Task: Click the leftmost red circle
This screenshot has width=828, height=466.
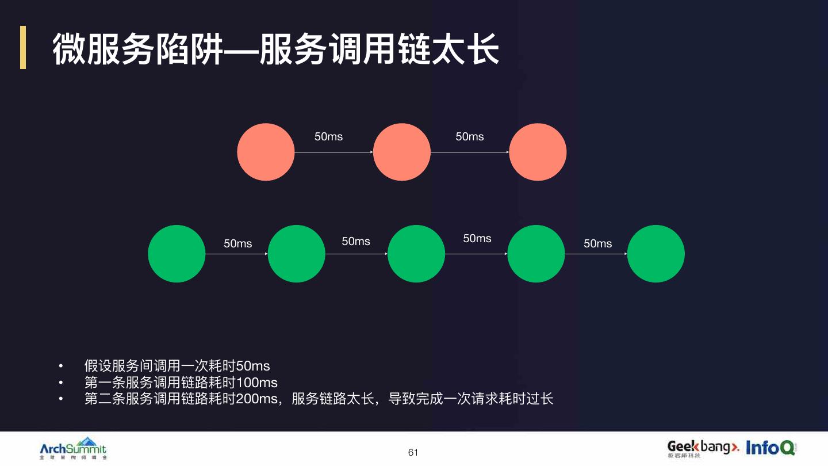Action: click(x=266, y=152)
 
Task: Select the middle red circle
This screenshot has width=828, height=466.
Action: click(x=402, y=152)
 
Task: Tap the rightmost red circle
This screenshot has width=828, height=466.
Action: click(x=538, y=152)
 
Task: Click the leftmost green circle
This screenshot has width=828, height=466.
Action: click(x=177, y=254)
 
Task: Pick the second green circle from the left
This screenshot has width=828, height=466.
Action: click(x=297, y=254)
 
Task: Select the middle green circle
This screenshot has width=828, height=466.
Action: click(x=416, y=254)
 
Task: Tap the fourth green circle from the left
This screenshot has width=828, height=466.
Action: click(x=536, y=254)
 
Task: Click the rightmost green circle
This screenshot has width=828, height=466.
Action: click(x=655, y=254)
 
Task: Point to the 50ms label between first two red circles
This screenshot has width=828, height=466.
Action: click(x=328, y=136)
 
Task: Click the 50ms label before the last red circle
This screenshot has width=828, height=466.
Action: click(x=470, y=136)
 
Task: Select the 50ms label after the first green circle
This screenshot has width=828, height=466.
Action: click(x=237, y=244)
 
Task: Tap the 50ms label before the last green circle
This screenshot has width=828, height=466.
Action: click(x=597, y=244)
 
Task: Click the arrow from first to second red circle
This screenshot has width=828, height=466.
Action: click(x=333, y=152)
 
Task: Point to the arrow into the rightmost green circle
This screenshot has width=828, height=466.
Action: click(x=596, y=254)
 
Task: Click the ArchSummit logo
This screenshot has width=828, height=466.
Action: click(x=73, y=449)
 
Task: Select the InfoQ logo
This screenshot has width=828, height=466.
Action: click(x=770, y=448)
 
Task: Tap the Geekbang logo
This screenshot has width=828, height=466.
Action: click(x=703, y=448)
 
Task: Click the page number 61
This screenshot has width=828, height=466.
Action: click(x=413, y=453)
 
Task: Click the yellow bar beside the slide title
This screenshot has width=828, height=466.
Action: click(x=23, y=47)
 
